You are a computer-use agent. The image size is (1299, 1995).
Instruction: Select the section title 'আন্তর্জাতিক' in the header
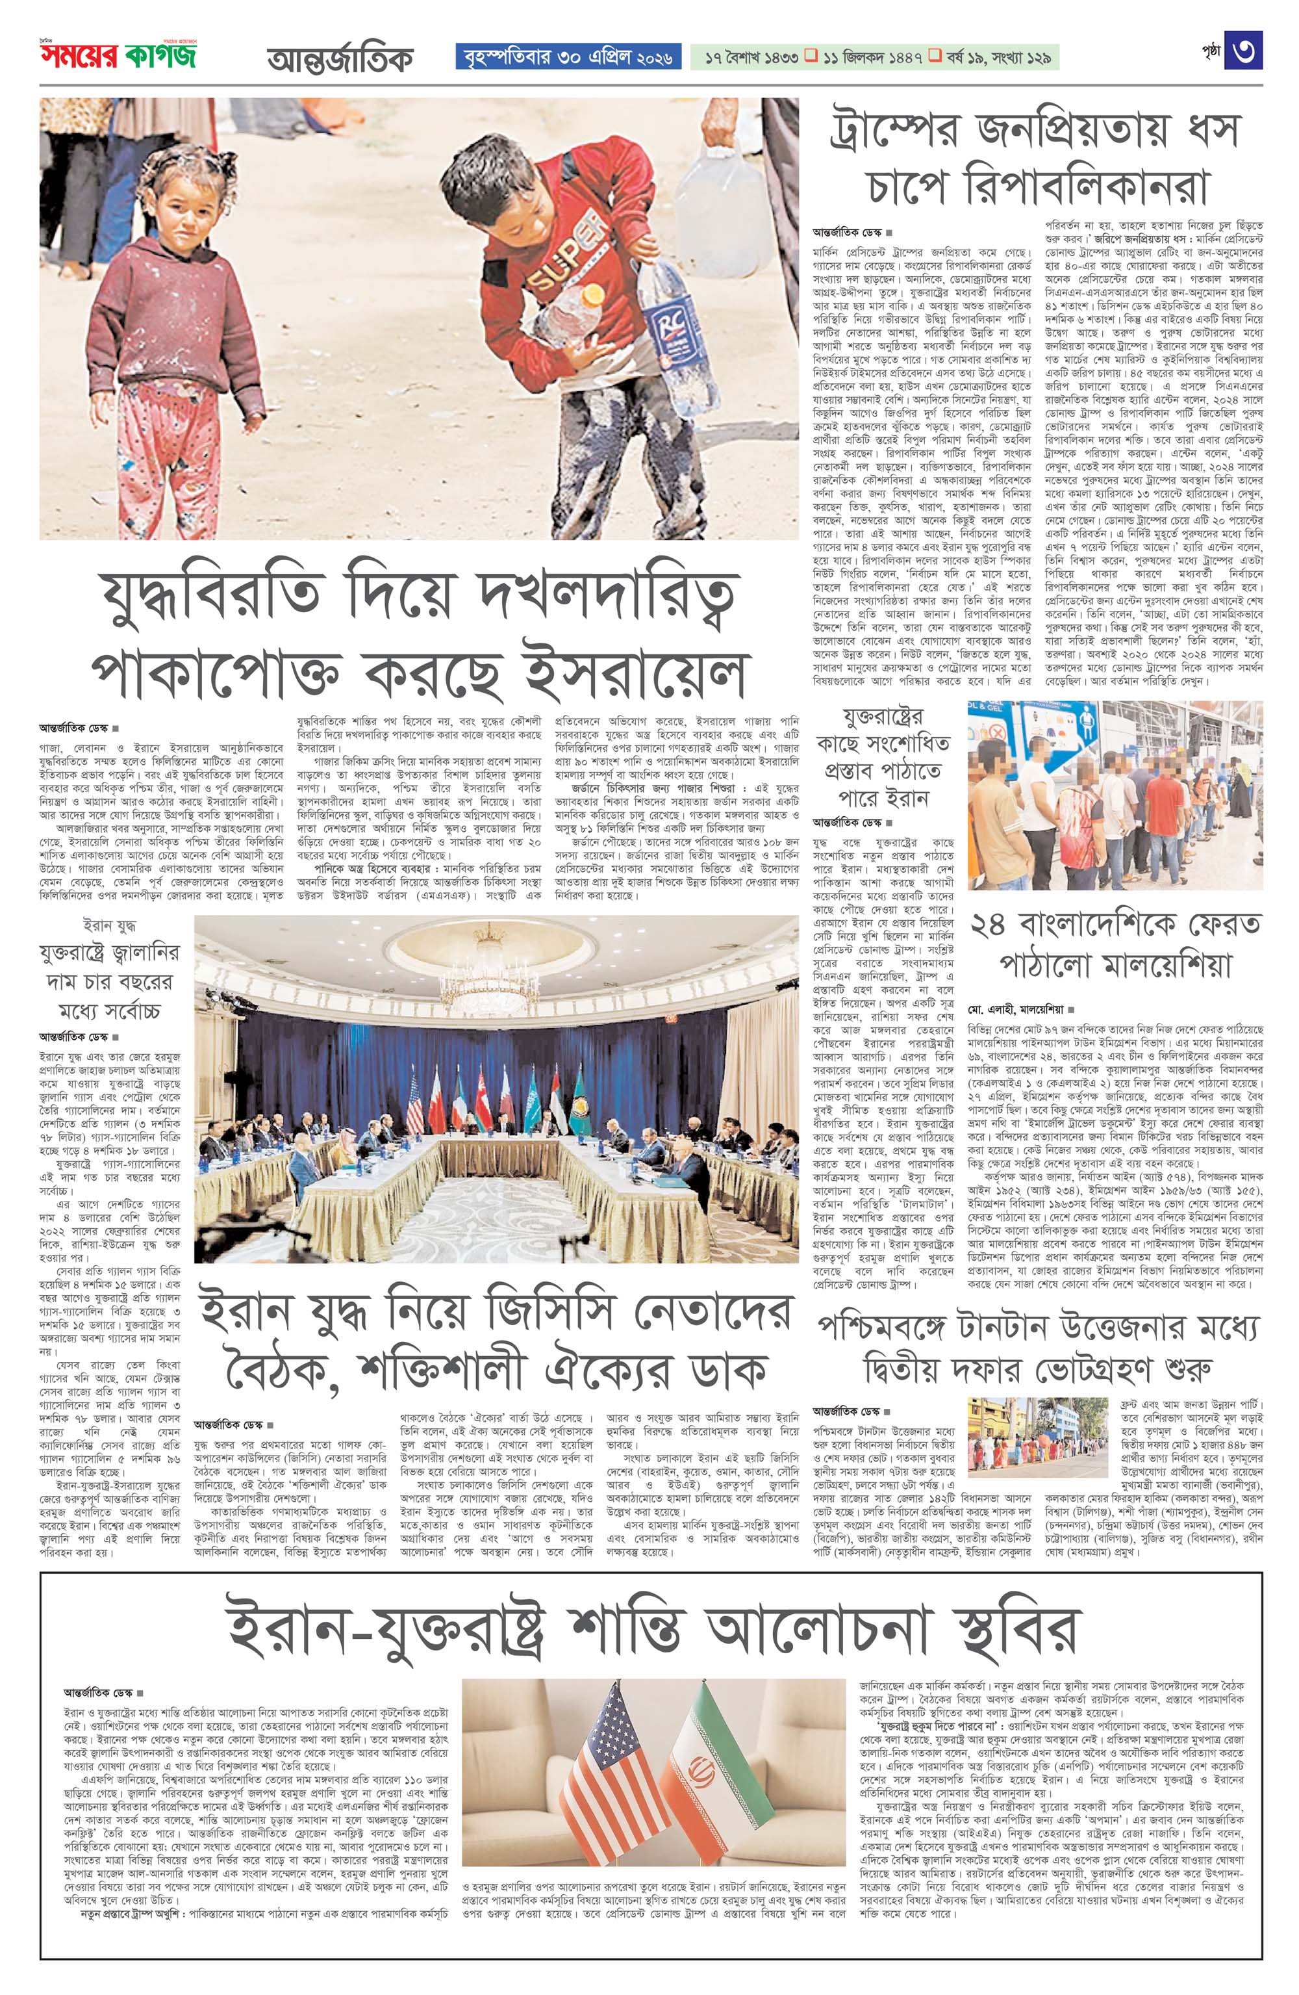(340, 58)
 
